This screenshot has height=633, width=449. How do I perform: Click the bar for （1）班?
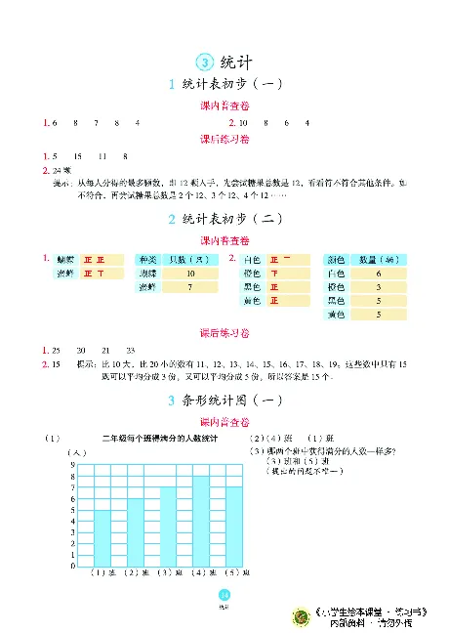coord(101,537)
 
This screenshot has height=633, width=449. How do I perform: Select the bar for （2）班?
coord(134,531)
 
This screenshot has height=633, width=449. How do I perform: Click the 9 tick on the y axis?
coord(72,464)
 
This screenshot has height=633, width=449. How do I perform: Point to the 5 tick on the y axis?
coord(72,510)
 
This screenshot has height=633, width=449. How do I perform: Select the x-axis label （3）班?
coord(167,571)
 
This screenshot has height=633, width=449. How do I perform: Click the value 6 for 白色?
coord(377,274)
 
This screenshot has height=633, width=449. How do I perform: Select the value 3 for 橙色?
coord(377,288)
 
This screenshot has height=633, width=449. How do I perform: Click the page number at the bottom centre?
coord(224,597)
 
